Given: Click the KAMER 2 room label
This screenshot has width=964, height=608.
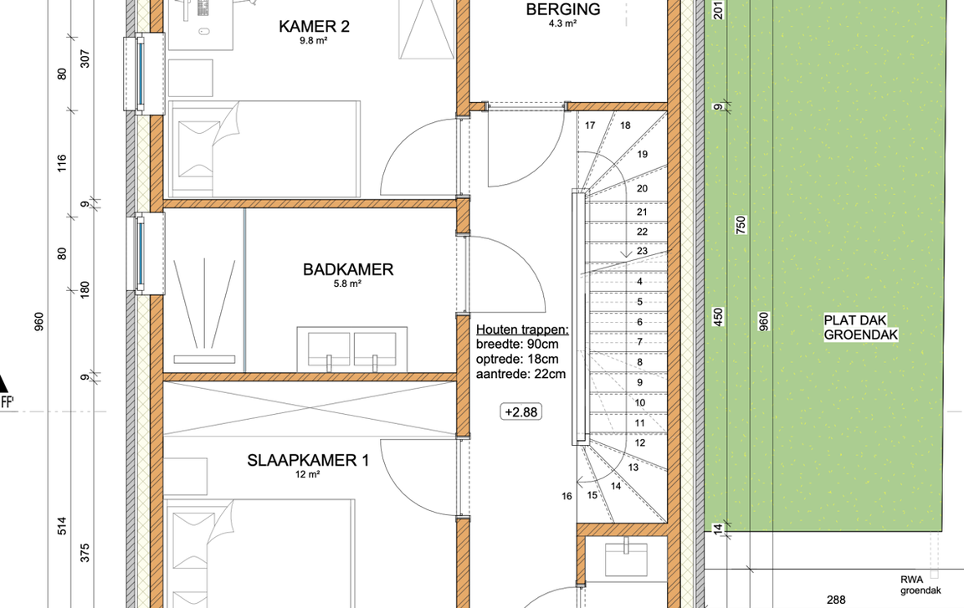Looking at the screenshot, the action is click(314, 27).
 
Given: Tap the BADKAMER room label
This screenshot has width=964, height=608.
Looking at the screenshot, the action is click(348, 269).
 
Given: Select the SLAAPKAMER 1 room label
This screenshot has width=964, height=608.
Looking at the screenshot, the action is click(308, 460).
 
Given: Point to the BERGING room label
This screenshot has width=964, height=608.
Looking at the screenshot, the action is click(563, 9).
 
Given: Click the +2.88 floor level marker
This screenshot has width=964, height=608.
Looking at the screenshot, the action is click(521, 412).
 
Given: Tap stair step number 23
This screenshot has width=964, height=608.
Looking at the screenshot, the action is click(642, 251).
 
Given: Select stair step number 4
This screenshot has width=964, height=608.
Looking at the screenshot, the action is click(640, 282).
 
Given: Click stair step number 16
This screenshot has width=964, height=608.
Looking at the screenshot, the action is click(567, 496).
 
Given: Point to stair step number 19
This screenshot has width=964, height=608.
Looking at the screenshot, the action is click(643, 154).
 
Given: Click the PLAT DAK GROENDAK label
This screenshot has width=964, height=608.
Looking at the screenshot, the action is click(861, 327).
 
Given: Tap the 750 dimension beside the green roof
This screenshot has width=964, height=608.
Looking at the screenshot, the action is click(741, 224).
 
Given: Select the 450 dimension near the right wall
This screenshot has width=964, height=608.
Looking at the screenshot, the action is click(718, 317).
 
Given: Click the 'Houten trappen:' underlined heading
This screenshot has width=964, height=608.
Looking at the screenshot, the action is click(522, 330).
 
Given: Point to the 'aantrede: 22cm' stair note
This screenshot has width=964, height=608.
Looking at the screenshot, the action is click(520, 374).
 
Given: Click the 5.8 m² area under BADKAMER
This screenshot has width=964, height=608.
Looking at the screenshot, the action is click(347, 284).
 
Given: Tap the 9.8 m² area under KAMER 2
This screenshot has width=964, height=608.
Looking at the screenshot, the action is click(314, 41).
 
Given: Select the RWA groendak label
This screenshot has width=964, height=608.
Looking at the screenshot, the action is click(920, 585).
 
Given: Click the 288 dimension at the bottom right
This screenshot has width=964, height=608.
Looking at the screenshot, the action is click(836, 600).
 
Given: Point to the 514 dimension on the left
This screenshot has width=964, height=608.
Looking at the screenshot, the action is click(62, 526).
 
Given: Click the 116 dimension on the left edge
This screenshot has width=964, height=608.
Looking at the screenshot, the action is click(62, 163).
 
